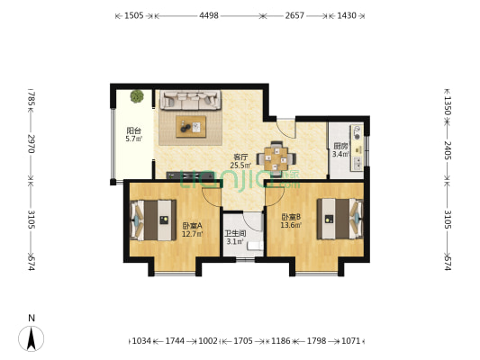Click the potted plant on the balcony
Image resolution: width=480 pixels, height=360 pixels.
point(136,96)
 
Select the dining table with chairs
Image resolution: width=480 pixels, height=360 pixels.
point(276,159)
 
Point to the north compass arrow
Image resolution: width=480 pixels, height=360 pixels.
point(32,337)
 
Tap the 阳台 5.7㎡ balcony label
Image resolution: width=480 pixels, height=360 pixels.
point(133,135)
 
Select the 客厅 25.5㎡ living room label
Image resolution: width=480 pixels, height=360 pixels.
point(240,160)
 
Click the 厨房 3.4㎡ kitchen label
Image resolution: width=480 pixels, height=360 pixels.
point(340,150)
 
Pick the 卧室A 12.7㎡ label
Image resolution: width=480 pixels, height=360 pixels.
point(192,229)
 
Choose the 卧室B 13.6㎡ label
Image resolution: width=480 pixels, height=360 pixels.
point(290,220)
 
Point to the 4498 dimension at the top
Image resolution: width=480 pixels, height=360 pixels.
point(208,16)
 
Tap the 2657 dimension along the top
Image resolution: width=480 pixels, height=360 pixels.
point(294,16)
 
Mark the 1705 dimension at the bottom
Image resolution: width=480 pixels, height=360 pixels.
point(244,341)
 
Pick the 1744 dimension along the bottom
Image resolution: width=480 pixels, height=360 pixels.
point(175,341)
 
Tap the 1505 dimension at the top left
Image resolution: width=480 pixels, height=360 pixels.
point(134,16)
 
